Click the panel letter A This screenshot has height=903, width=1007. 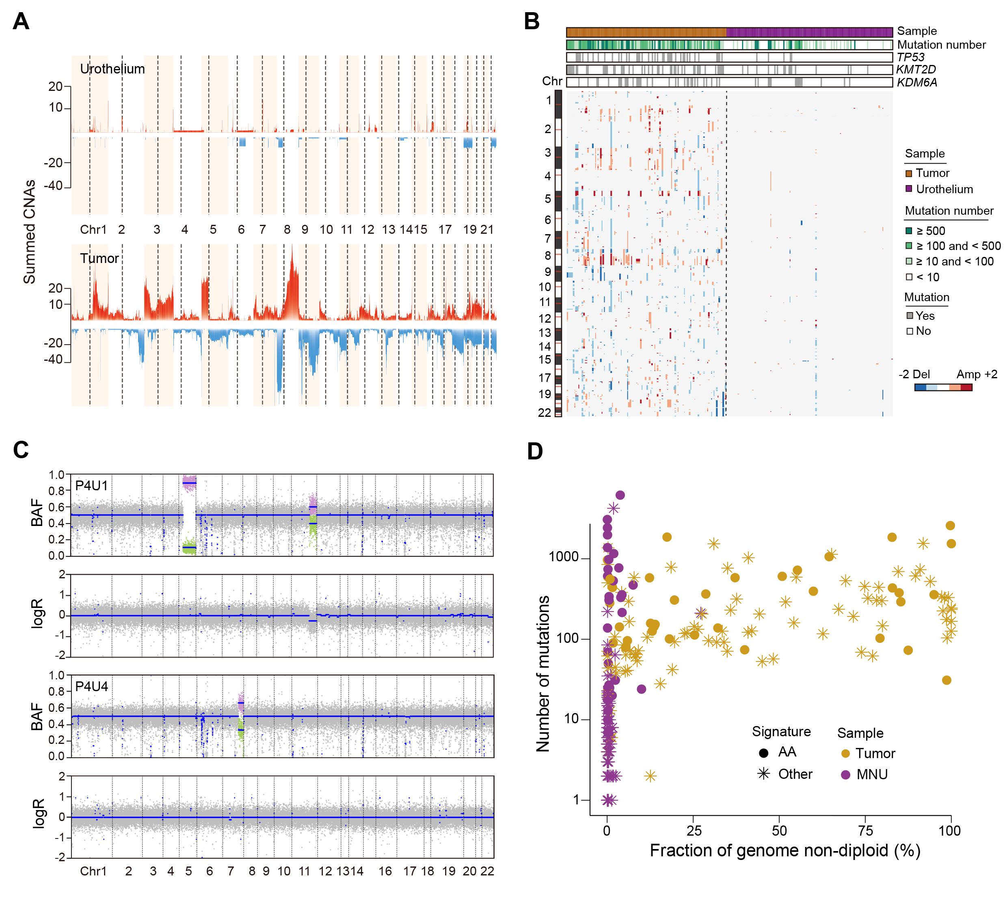coord(21,22)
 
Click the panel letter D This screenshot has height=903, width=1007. coord(534,451)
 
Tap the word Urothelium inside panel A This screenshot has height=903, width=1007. coord(112,69)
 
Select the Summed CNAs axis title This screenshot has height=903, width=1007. coord(29,231)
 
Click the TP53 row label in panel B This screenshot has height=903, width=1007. coord(911,57)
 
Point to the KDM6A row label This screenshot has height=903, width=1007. coord(917,82)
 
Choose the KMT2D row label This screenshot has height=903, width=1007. coord(916,69)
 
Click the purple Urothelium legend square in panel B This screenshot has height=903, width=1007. coord(909,189)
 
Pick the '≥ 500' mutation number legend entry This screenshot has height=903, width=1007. coord(930,231)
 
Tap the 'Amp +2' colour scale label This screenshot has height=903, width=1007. coord(977,374)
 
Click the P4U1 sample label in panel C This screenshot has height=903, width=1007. coord(91,485)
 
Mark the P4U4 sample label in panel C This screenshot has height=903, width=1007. coord(91,686)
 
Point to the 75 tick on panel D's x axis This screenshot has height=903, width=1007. coord(865,831)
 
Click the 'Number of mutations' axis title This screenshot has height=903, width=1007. coord(543,673)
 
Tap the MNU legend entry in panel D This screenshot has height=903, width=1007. coord(871,774)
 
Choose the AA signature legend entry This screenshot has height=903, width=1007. coord(787,752)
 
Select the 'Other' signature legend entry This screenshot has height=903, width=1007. coord(795,774)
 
